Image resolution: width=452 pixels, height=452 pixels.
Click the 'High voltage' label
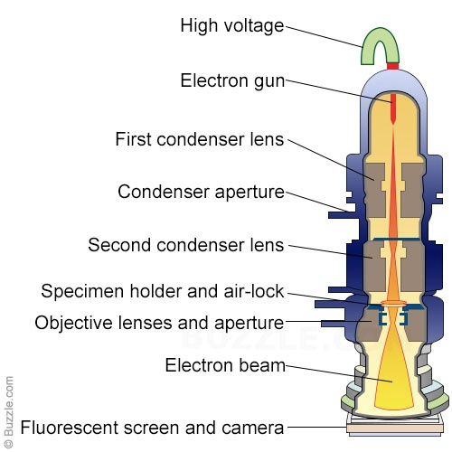[232, 26]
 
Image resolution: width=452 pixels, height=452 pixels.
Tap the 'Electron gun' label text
[232, 81]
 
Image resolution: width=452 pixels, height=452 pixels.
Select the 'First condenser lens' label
[200, 139]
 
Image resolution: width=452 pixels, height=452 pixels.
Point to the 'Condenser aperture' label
[201, 193]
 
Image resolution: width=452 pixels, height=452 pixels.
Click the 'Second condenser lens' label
[186, 245]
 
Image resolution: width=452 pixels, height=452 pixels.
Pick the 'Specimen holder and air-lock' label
[163, 291]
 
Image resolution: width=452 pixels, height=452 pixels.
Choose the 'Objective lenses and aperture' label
[159, 323]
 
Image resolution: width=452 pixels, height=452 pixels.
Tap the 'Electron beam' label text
[225, 365]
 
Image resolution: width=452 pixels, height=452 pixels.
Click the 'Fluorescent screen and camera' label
[152, 428]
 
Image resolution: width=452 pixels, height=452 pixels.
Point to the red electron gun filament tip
[392, 120]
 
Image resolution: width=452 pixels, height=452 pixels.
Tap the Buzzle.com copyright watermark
[9, 412]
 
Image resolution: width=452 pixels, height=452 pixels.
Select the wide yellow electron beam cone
[392, 380]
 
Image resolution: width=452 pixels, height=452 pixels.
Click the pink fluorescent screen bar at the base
[395, 428]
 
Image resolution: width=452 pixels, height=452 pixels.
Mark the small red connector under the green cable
[393, 66]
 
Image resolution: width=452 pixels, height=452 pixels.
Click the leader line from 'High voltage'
[324, 37]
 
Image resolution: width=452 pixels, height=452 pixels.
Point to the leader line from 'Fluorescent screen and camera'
[316, 427]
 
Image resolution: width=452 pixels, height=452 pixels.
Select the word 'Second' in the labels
[120, 245]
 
